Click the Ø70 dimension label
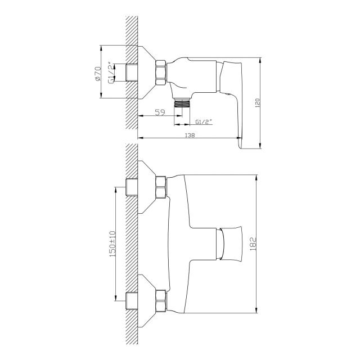[97, 74]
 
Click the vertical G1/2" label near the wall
[111, 73]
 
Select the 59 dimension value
[160, 112]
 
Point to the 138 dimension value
[190, 135]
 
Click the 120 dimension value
[258, 103]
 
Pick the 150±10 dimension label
[112, 244]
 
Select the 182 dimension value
[253, 244]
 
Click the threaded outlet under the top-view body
[182, 103]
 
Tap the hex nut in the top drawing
[161, 73]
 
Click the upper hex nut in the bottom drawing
[161, 187]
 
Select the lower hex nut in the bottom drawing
[161, 301]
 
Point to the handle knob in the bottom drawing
[229, 244]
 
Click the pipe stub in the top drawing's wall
[132, 73]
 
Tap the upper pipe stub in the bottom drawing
[132, 187]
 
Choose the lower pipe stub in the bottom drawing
[132, 301]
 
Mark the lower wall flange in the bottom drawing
[146, 301]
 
